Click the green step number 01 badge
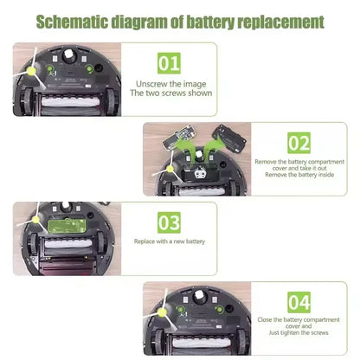tap(169, 63)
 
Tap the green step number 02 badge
tap(299, 143)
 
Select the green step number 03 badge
tap(170, 222)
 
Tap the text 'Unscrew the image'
tap(170, 83)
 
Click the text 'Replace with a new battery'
tap(170, 242)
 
